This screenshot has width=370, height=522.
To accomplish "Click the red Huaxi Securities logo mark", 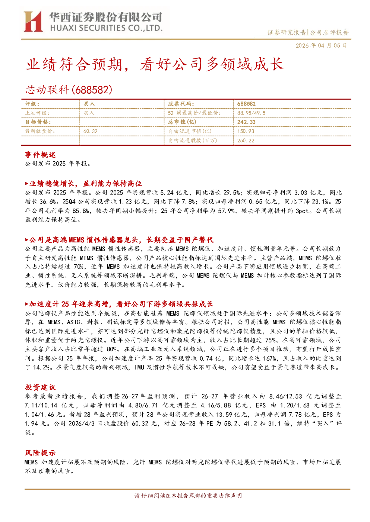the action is click(x=33, y=22).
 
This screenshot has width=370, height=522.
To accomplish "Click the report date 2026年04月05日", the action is click(x=322, y=45).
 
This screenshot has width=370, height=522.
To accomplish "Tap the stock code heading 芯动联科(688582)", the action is click(x=69, y=90).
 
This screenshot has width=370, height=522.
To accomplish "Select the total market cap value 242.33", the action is click(x=246, y=122).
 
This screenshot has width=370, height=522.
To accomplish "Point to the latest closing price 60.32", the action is click(x=90, y=131).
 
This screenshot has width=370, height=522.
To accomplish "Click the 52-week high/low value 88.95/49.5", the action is click(x=251, y=113).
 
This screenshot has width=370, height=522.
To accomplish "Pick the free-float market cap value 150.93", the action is click(x=246, y=131).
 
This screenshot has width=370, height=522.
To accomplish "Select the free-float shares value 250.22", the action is click(x=246, y=141).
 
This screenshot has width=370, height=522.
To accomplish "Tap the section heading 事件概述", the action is click(x=40, y=155).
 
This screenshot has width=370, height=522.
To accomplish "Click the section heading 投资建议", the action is click(x=40, y=387).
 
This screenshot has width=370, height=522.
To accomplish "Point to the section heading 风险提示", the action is click(x=40, y=453).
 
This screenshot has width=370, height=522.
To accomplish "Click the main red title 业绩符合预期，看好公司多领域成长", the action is click(x=154, y=64).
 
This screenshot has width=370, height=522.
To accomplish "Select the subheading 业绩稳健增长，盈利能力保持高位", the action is click(x=83, y=184).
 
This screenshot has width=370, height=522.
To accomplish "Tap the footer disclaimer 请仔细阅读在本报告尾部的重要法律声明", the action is click(x=188, y=496).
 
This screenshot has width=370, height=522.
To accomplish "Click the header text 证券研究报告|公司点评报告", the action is click(x=308, y=32).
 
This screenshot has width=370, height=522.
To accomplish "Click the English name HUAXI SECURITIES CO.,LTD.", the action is click(x=106, y=28).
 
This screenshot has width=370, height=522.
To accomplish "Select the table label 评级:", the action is click(x=32, y=104).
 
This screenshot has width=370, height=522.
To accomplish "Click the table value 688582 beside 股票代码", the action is click(x=246, y=104).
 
